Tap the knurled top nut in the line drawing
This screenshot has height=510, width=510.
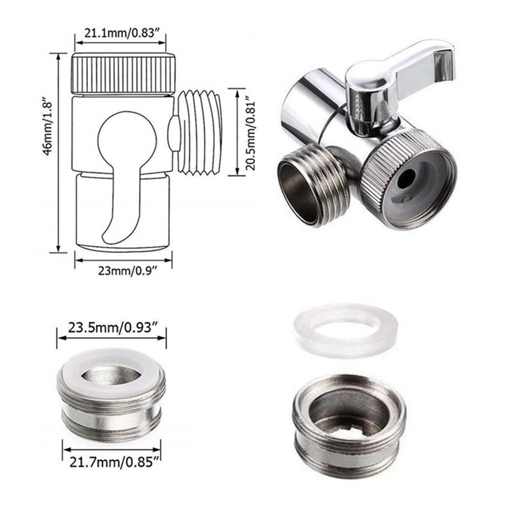pyautogui.click(x=123, y=75)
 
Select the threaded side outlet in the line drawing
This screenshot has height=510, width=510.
pyautogui.click(x=199, y=132)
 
